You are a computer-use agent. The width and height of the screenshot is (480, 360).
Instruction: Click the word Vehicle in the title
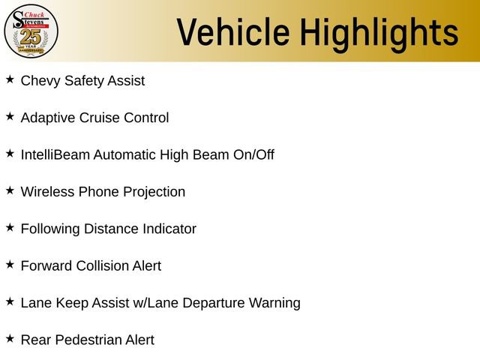click(233, 32)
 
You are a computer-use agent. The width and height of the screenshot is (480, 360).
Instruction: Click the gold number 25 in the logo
click(30, 37)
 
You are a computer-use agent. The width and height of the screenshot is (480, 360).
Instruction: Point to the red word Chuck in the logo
click(34, 14)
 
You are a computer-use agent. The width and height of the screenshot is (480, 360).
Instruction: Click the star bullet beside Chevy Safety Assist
click(10, 79)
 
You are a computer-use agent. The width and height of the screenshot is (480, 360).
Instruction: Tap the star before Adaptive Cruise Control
click(10, 116)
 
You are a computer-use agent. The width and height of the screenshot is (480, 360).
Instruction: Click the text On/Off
click(253, 154)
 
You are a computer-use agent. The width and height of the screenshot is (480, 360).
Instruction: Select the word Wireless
click(47, 192)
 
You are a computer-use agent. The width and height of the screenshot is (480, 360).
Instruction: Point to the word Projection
click(154, 192)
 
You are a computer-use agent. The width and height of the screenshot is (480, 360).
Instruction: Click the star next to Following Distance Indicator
click(10, 227)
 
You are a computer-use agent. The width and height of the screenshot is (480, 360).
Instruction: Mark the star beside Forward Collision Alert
click(10, 265)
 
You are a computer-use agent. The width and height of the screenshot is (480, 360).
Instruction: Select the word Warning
click(274, 303)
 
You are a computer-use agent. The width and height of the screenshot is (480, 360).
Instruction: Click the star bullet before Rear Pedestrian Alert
click(10, 338)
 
